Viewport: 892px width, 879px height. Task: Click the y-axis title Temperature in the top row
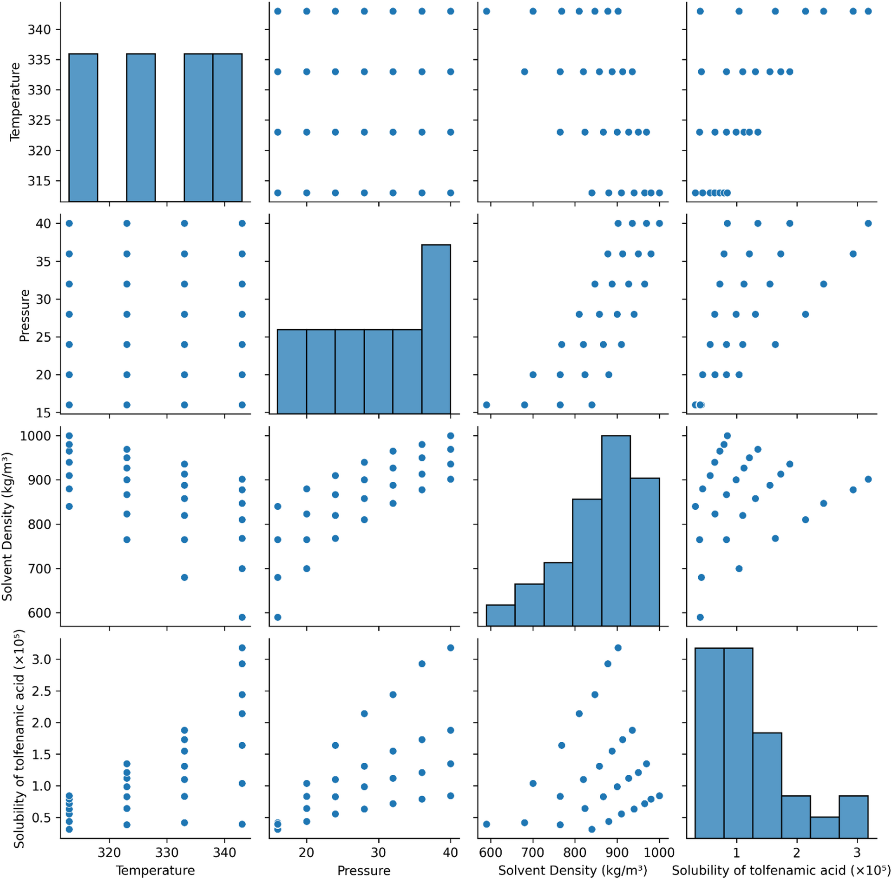[x=15, y=101]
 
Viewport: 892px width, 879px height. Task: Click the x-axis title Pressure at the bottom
[x=364, y=870]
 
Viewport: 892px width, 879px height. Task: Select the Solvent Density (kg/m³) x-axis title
[x=572, y=870]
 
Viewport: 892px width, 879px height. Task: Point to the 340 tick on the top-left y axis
[x=39, y=30]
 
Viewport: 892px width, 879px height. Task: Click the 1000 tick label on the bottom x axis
[x=659, y=852]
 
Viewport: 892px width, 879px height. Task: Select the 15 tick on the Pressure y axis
[x=44, y=413]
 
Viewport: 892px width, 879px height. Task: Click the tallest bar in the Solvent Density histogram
[x=616, y=530]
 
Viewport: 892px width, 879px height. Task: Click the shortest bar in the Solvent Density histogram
[x=500, y=615]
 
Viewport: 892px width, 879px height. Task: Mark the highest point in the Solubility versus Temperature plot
[x=242, y=648]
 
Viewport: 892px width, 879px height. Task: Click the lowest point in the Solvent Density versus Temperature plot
[x=242, y=617]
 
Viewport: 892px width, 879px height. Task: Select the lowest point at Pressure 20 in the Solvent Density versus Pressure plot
[x=307, y=568]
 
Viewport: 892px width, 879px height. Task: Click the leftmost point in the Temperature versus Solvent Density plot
[x=486, y=11]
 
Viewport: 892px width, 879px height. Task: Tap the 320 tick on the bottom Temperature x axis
[x=109, y=852]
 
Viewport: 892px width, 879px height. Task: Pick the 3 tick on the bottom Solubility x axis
[x=857, y=852]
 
